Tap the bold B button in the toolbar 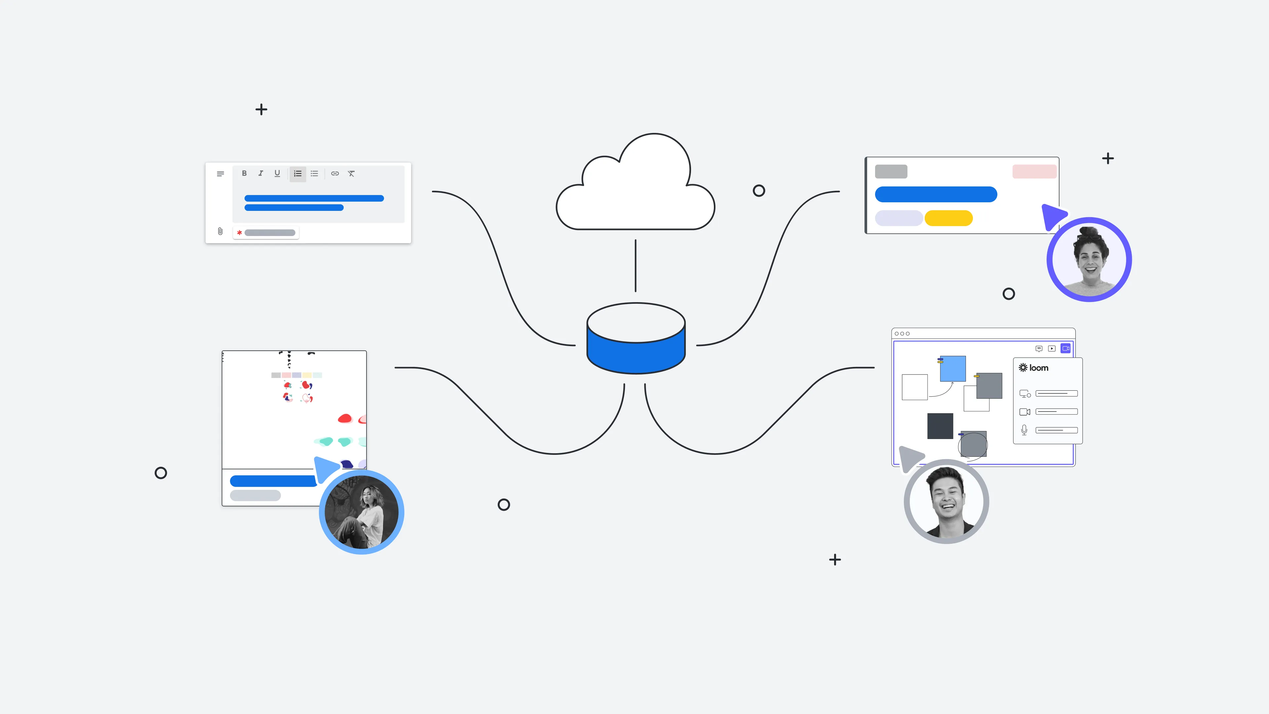click(x=244, y=174)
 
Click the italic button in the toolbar click(x=261, y=174)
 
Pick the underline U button click(x=277, y=174)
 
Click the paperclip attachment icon click(x=220, y=231)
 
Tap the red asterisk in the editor click(x=239, y=233)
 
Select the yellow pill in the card click(x=948, y=218)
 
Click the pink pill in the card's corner click(x=1034, y=172)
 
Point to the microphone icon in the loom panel click(x=1024, y=430)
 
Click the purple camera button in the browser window click(x=1065, y=348)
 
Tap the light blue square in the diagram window click(x=953, y=369)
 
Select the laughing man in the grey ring click(x=947, y=500)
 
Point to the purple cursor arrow click(x=1053, y=216)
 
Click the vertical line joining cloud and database click(x=635, y=266)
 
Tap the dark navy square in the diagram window click(x=940, y=426)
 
